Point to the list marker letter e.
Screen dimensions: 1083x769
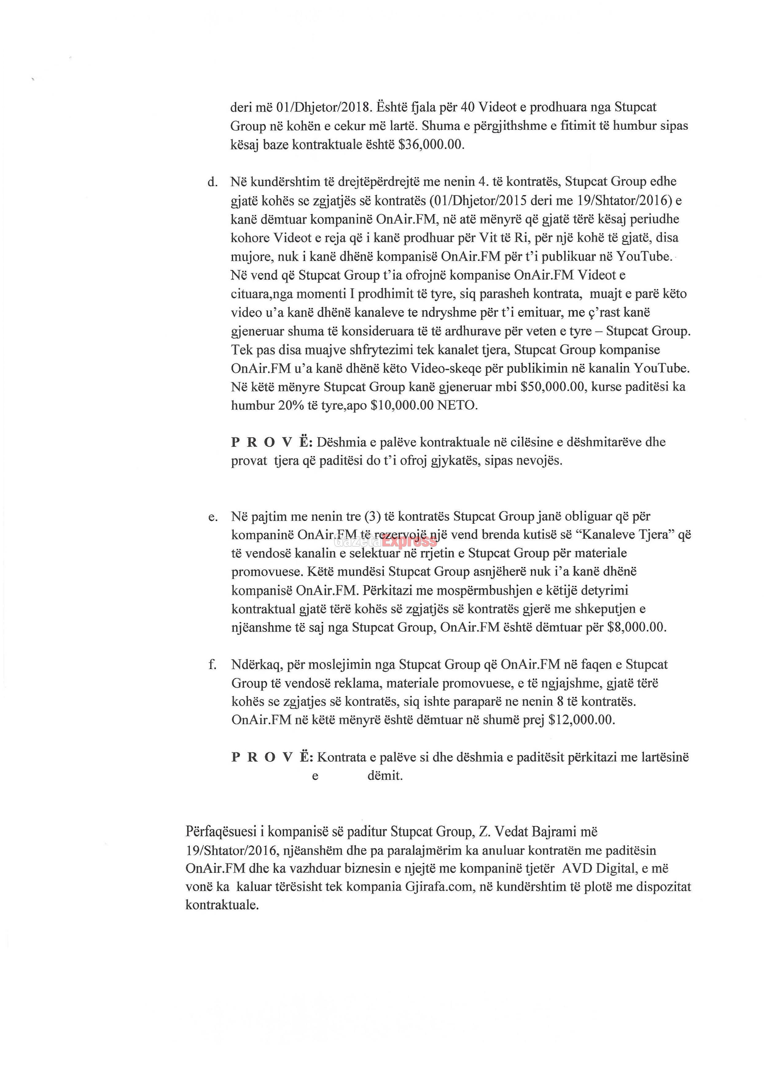tap(213, 517)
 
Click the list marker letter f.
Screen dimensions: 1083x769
tap(212, 665)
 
